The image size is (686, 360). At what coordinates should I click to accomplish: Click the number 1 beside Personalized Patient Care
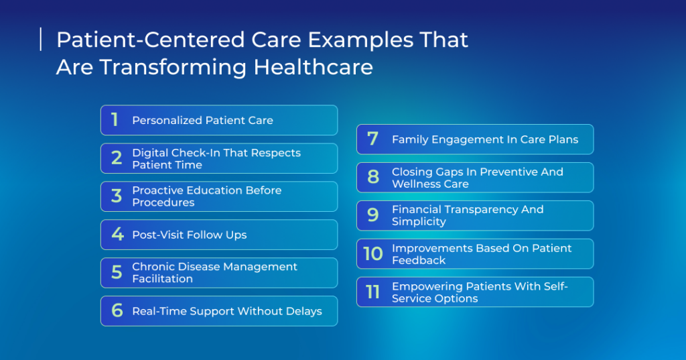[115, 119]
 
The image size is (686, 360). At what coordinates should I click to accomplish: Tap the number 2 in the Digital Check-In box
[117, 158]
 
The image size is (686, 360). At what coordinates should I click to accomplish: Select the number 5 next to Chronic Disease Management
[117, 272]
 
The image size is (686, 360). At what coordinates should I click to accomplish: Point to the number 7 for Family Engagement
[372, 139]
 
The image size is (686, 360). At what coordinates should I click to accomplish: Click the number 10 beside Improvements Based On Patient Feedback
[373, 253]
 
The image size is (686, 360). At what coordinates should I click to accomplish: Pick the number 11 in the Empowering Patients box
[372, 292]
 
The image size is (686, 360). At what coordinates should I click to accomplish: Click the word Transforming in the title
[173, 68]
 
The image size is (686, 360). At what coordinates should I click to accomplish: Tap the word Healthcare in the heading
[314, 67]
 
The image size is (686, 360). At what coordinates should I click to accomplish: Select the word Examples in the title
[360, 40]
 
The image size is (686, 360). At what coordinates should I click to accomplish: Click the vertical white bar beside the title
[41, 40]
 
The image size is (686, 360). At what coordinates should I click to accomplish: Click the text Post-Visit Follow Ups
[190, 235]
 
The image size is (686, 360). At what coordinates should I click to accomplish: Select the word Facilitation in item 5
[162, 279]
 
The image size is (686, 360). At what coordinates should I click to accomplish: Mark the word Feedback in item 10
[419, 260]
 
